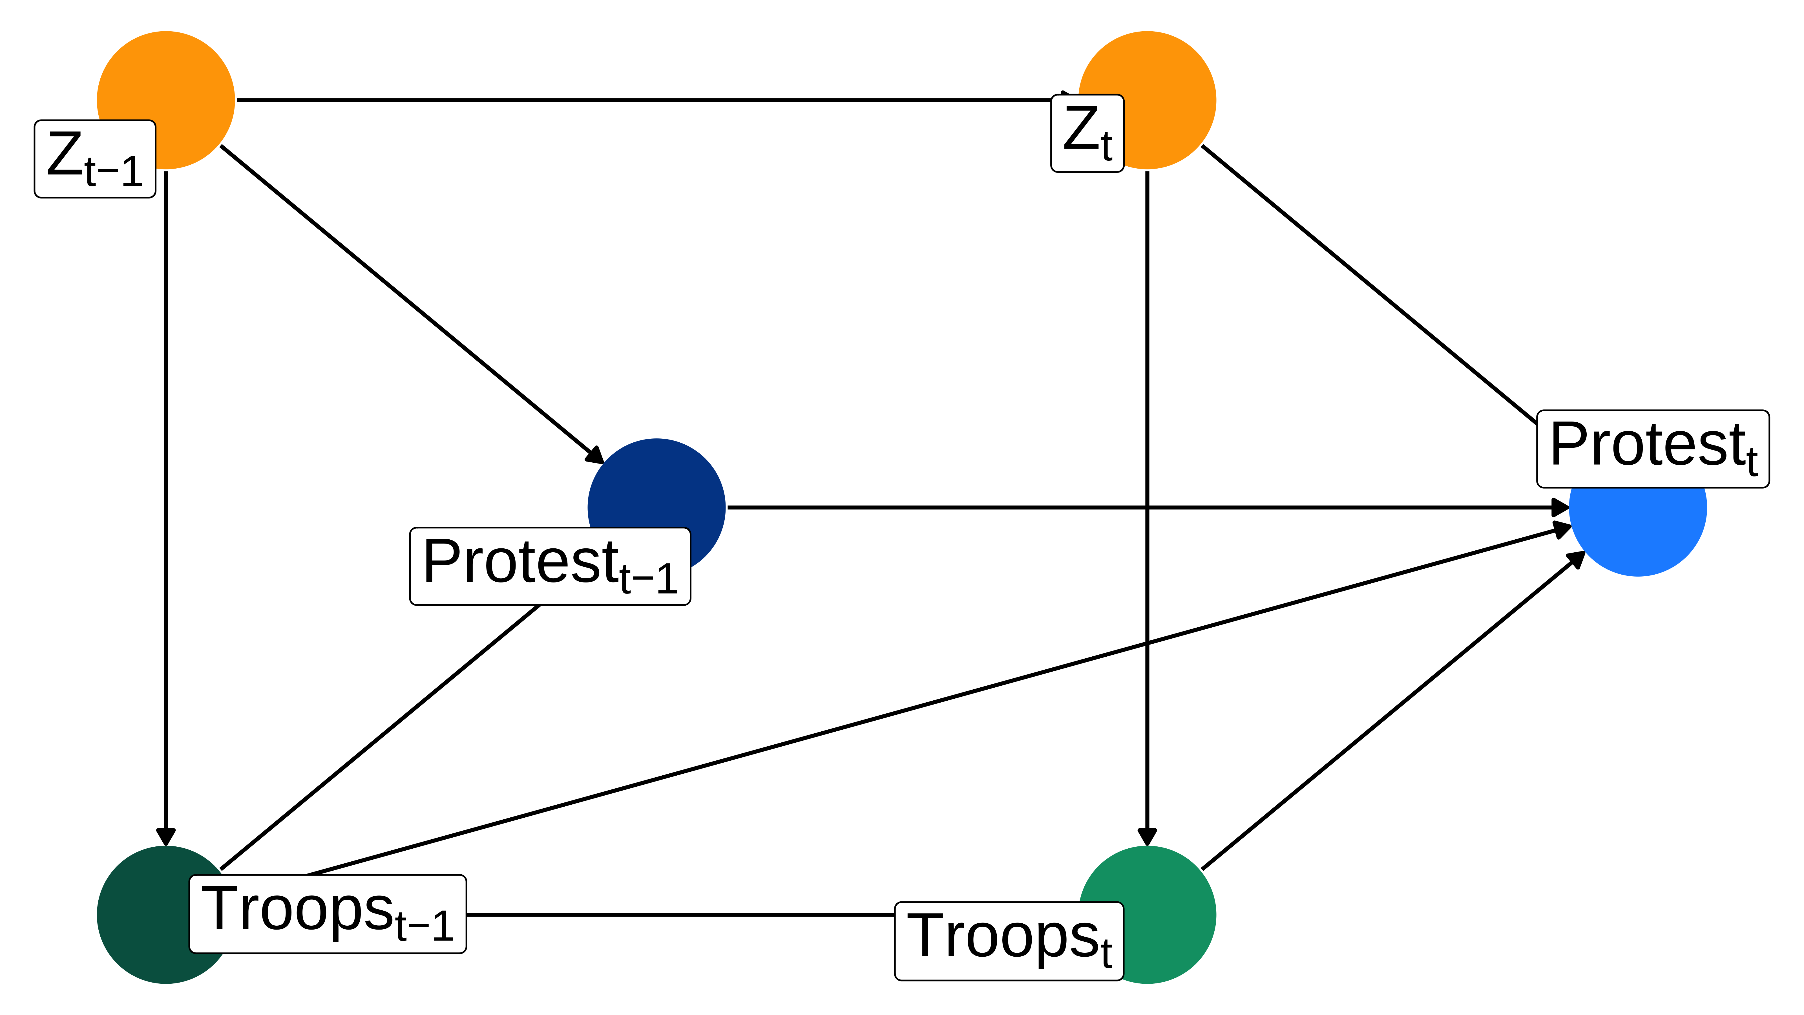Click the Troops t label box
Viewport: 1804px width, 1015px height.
pos(1009,941)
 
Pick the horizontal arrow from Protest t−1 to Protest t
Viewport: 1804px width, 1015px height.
pos(1149,507)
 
